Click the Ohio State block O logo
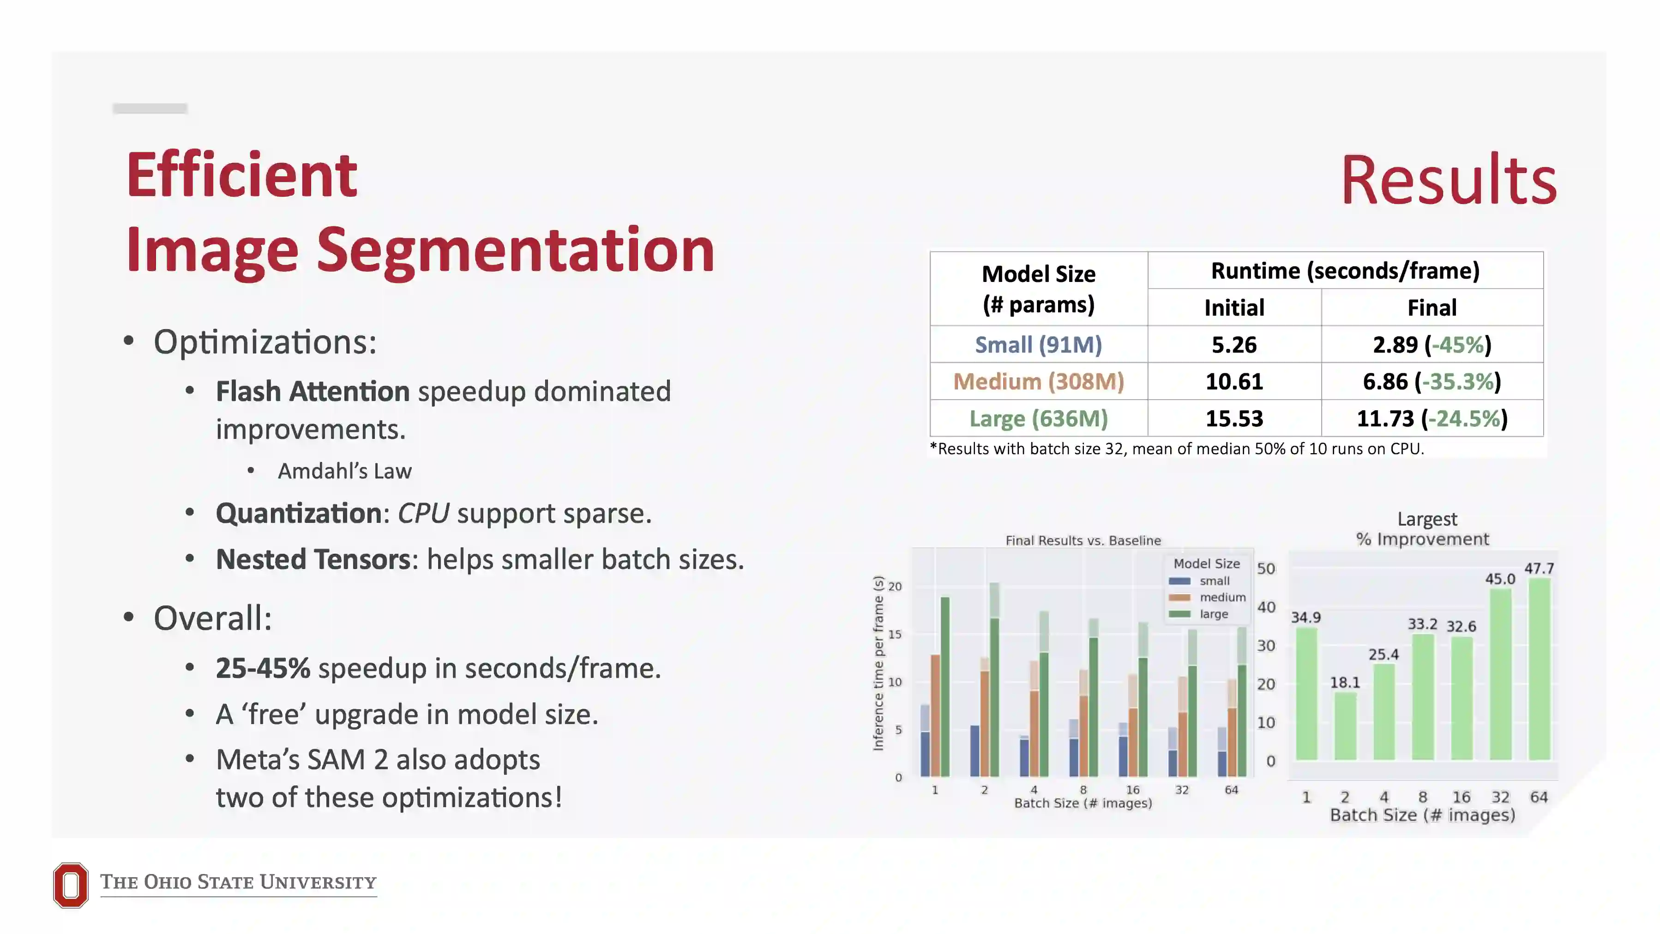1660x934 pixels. point(70,885)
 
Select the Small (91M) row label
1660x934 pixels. point(1038,345)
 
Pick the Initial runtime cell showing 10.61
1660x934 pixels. point(1233,381)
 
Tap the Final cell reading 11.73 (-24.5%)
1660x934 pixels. point(1431,419)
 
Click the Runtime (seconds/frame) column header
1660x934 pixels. point(1345,270)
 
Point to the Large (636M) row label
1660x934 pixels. point(1038,419)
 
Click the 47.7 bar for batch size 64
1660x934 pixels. point(1539,670)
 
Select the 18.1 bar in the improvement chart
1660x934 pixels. point(1345,727)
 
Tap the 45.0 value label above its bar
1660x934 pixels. point(1499,578)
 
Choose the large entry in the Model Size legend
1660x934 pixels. point(1214,614)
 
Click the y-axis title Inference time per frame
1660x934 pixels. point(878,664)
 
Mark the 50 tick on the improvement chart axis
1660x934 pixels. point(1266,569)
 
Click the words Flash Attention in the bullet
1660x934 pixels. point(312,391)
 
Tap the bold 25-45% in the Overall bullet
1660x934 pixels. point(262,668)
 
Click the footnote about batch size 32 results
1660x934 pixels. point(1176,449)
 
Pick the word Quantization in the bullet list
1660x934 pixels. point(298,514)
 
